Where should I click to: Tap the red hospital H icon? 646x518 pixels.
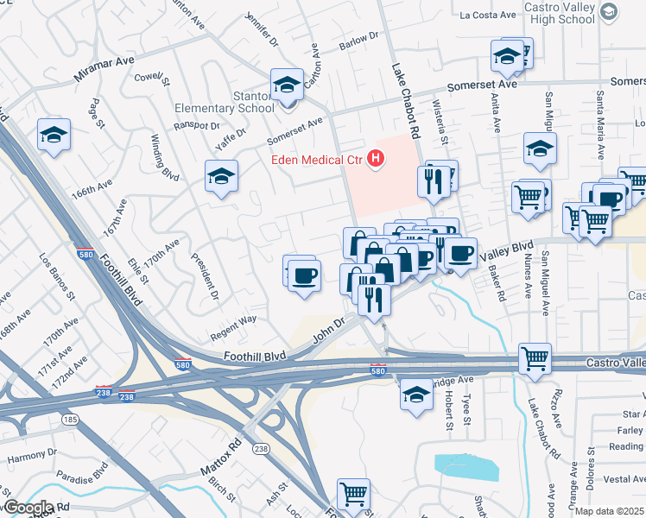click(376, 158)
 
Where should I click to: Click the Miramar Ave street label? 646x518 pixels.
click(104, 69)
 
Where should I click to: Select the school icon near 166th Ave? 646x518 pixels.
click(54, 135)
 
